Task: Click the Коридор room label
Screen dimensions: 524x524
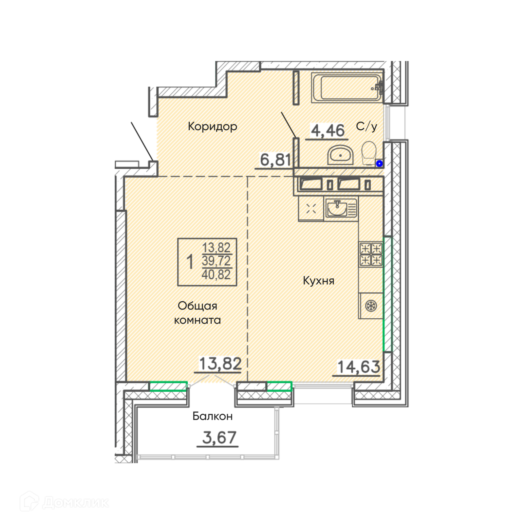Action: coord(213,126)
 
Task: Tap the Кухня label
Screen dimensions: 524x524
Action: coord(319,281)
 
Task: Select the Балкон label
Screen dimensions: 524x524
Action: coord(213,416)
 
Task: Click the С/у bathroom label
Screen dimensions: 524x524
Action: coord(366,126)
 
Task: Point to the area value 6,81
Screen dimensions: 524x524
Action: coord(276,160)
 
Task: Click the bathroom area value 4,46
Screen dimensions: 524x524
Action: coord(328,130)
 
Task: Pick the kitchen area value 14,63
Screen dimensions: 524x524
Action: coord(359,367)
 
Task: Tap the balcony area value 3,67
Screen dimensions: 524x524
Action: coord(219,438)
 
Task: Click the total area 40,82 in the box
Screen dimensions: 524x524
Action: coord(216,274)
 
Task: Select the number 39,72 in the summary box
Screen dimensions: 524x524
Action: coord(216,261)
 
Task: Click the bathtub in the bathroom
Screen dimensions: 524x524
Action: coord(347,87)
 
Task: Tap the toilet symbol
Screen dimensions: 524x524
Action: coord(369,153)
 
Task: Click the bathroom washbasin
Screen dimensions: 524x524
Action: coord(341,155)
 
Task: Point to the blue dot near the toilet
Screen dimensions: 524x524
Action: coord(379,163)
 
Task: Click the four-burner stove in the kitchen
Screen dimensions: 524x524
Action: coord(371,254)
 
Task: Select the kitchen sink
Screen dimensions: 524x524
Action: coord(341,208)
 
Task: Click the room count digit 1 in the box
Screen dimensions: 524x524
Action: coord(190,262)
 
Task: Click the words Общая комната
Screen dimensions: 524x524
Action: coord(197,313)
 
